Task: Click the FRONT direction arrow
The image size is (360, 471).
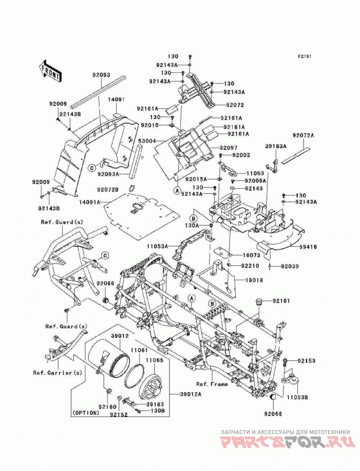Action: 46,71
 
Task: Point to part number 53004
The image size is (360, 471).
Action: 147,140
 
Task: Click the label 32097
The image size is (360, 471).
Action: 228,148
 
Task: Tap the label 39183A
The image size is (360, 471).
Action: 275,146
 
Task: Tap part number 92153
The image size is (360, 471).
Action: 306,361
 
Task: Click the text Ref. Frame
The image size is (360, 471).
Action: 212,384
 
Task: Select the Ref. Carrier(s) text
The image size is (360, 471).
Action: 57,373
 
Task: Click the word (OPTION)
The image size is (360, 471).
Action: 85,413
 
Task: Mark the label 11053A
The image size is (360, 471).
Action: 157,246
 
